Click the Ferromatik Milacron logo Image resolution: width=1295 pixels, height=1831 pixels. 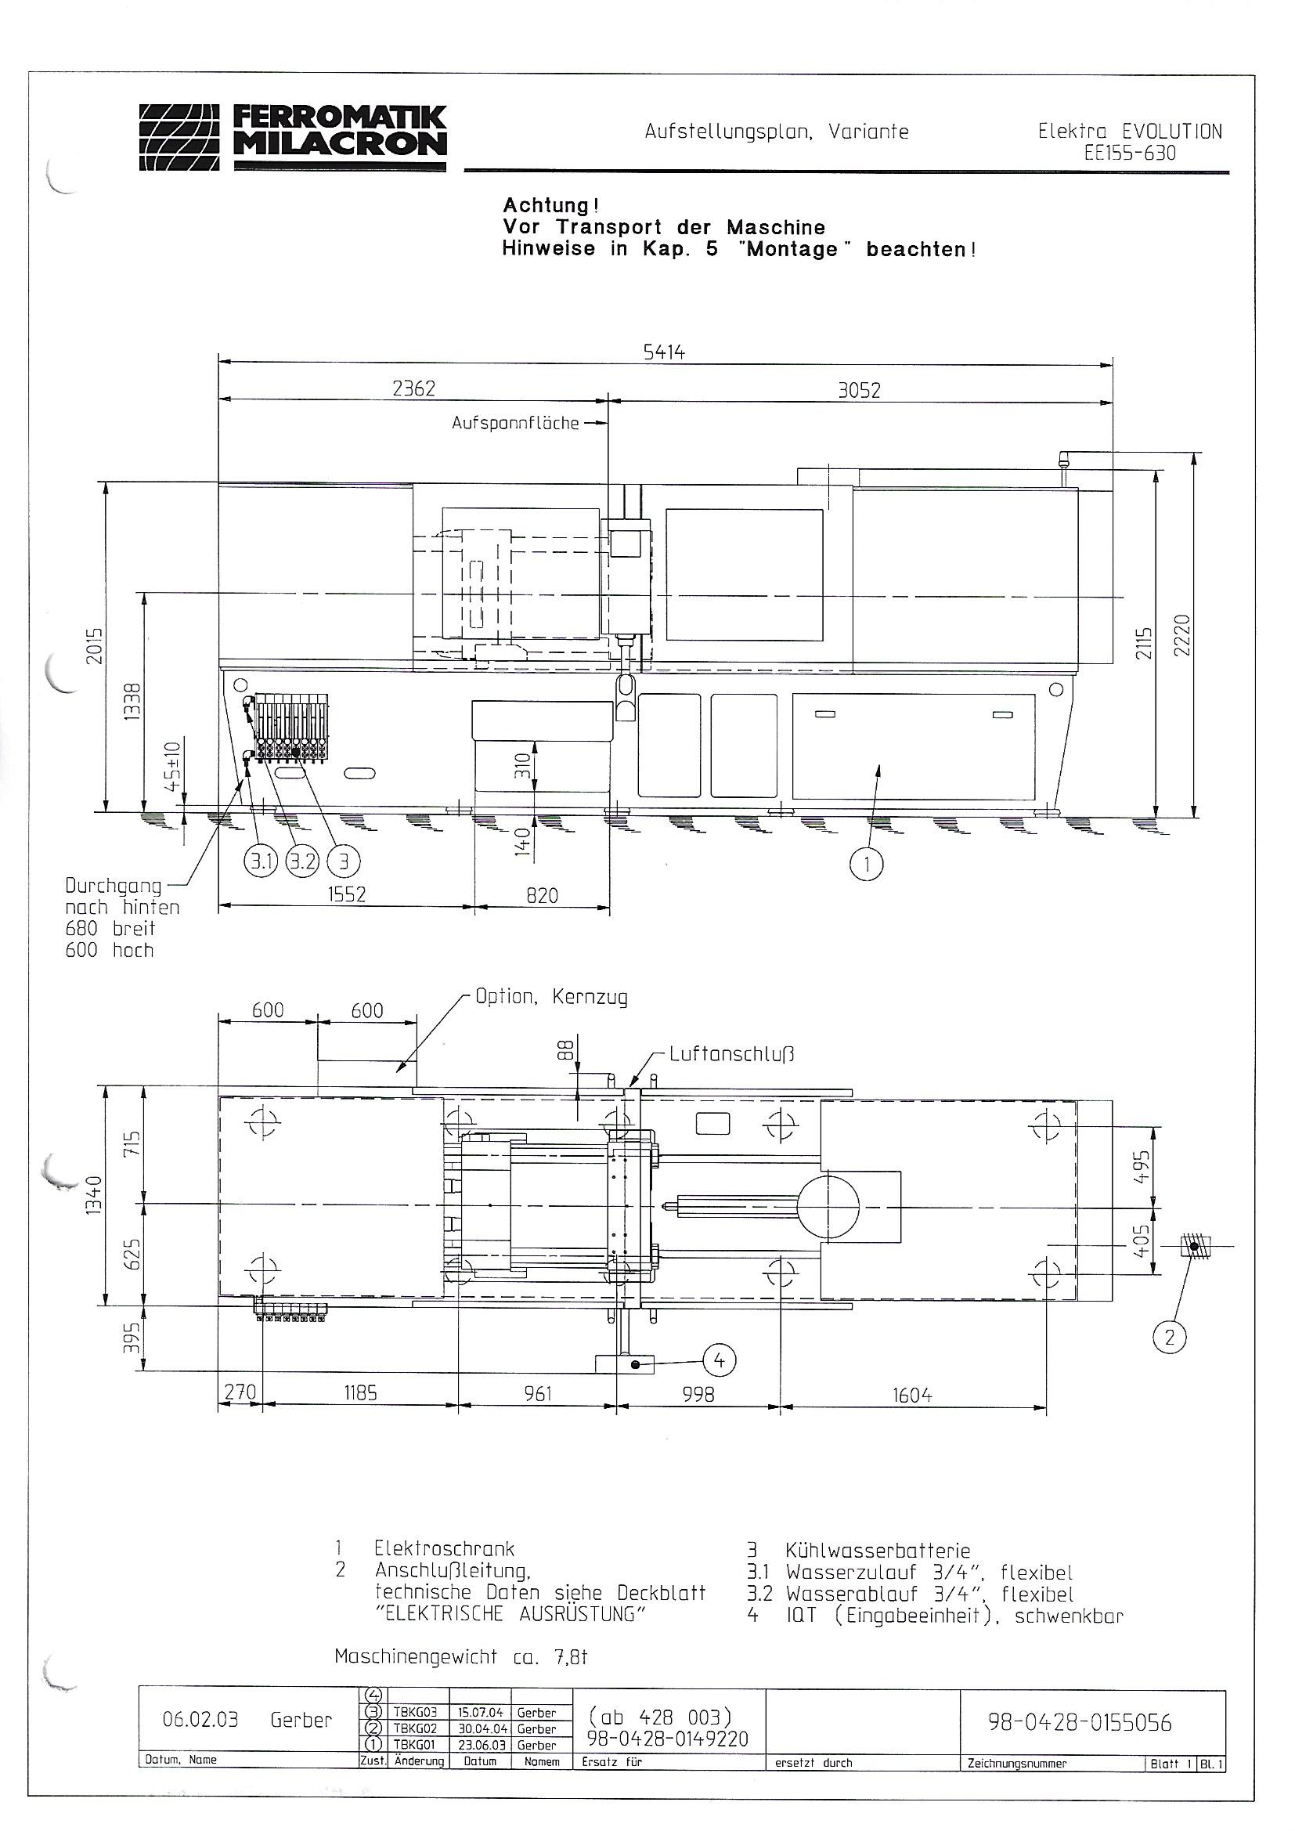(293, 137)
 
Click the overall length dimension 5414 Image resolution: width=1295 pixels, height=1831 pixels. (664, 352)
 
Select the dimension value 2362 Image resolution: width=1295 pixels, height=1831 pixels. (414, 388)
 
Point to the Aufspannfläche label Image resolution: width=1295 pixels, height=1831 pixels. (515, 424)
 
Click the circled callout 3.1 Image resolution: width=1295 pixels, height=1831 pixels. (258, 861)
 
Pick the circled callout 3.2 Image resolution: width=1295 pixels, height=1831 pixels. (301, 861)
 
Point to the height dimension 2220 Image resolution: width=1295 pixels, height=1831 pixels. (1182, 635)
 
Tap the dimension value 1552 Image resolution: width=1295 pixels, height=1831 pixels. (347, 895)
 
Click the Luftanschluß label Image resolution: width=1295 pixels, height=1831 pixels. (732, 1054)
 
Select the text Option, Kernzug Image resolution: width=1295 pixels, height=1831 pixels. (551, 998)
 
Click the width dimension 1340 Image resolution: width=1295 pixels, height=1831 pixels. (94, 1195)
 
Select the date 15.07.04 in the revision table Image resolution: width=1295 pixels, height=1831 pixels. (479, 1711)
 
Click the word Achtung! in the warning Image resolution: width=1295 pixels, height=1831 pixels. (551, 206)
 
